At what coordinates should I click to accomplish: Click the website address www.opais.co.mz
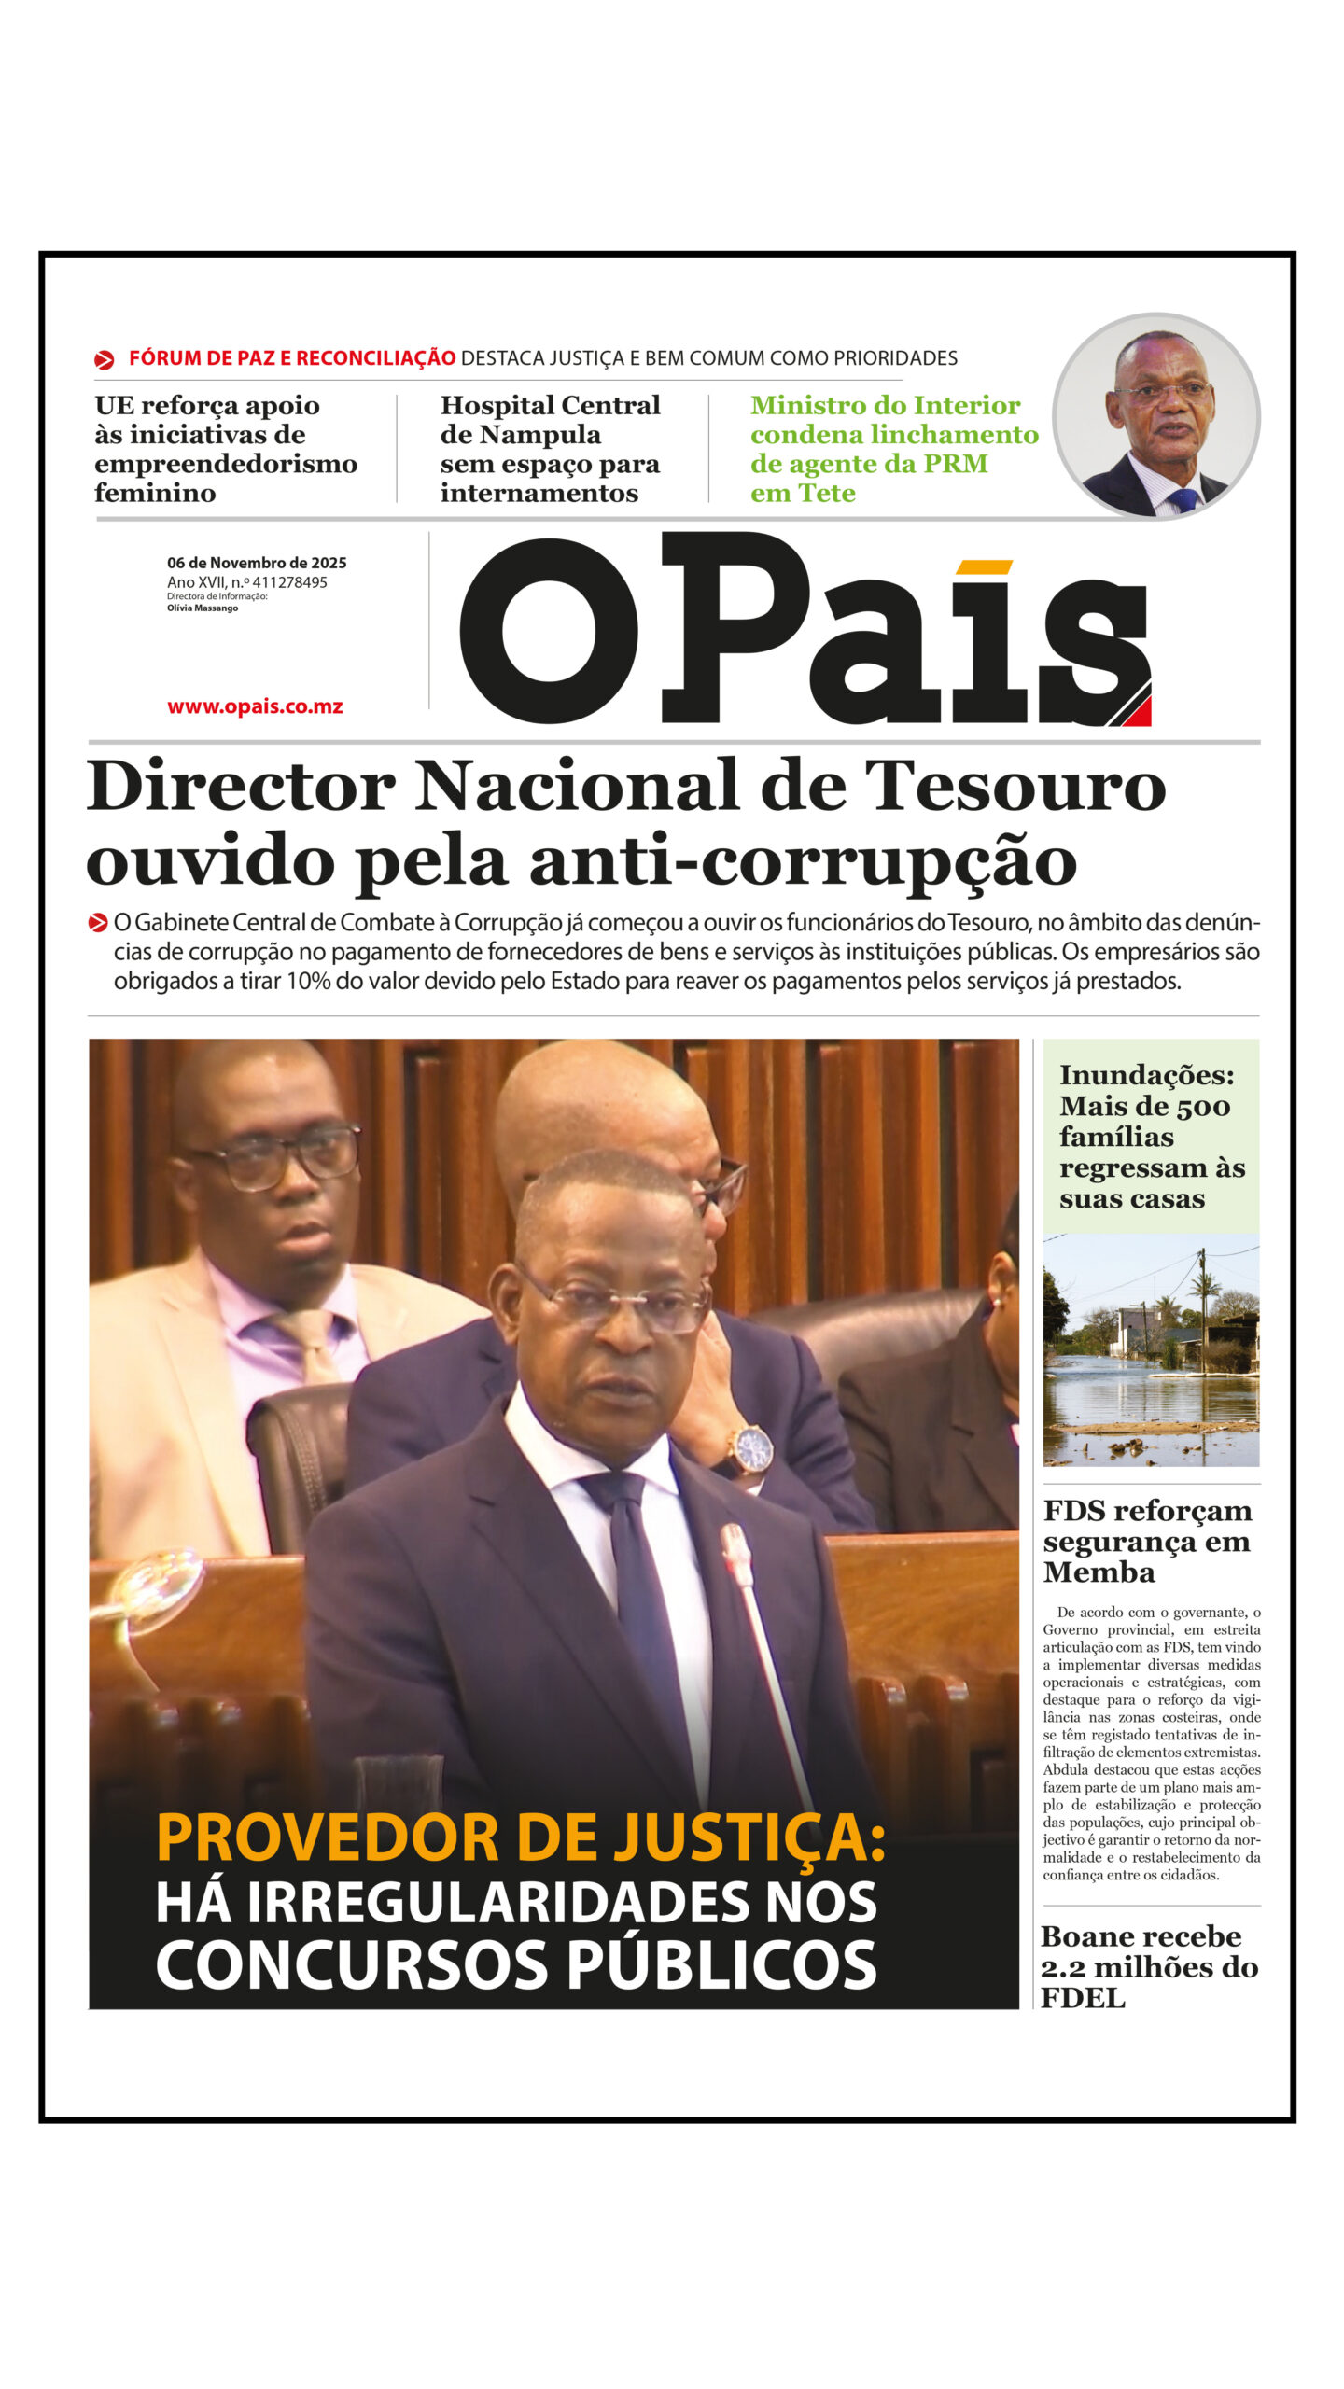[255, 706]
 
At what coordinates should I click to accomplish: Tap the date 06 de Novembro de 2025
[257, 563]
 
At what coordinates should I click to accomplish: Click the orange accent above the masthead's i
[984, 566]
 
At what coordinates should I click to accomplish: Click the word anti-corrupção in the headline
[803, 861]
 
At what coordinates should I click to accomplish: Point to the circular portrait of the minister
[1155, 415]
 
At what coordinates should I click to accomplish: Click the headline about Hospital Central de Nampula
[550, 449]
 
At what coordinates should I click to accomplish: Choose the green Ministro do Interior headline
[893, 449]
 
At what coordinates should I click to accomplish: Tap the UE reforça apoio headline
[225, 449]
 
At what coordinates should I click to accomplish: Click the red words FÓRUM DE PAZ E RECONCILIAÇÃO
[291, 358]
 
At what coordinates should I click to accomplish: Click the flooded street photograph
[1150, 1350]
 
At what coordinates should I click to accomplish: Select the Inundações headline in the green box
[1150, 1136]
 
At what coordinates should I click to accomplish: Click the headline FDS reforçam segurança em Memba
[1147, 1541]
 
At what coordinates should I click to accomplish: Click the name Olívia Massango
[203, 608]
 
